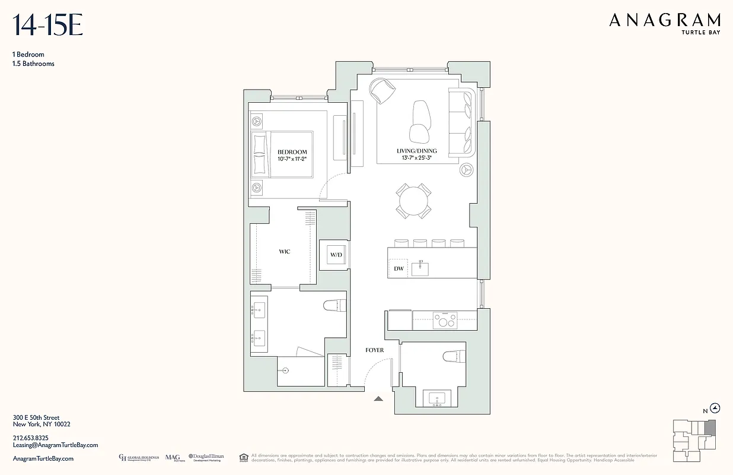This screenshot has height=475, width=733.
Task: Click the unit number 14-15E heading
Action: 47,26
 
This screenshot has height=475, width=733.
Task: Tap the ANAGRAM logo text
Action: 665,21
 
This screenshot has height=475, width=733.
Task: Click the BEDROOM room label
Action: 292,152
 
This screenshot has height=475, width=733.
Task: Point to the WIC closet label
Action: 284,252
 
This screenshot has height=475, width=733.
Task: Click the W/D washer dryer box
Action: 336,255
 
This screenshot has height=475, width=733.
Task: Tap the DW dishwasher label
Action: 399,268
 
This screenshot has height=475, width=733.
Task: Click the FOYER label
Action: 374,350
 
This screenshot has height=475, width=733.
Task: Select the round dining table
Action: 414,201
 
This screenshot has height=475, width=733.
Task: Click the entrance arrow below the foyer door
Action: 378,399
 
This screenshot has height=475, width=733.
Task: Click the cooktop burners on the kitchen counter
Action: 444,320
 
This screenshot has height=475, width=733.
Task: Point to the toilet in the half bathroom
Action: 454,356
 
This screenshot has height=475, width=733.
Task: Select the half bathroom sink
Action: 438,398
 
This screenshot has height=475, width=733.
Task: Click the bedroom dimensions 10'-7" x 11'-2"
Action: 292,159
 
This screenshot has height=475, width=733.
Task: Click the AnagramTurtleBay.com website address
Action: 43,458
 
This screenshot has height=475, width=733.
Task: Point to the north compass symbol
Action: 715,408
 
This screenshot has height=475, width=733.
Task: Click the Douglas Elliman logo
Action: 206,458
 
